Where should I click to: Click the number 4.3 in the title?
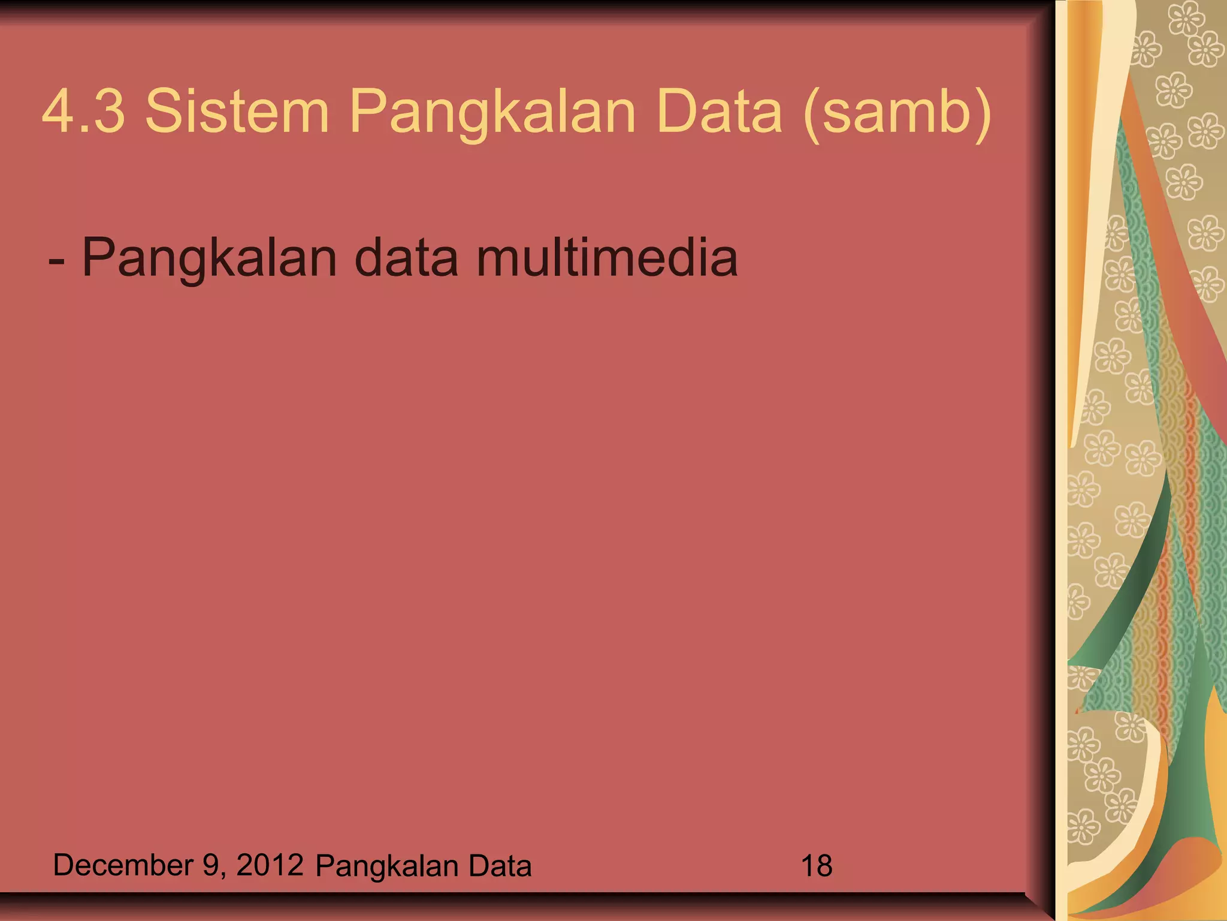pos(84,112)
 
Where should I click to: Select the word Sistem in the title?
pos(237,112)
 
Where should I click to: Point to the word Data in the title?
pos(719,112)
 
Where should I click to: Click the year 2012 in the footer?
pos(270,865)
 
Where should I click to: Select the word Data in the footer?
pos(500,866)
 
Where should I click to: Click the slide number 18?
pos(816,866)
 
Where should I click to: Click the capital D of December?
pos(64,865)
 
